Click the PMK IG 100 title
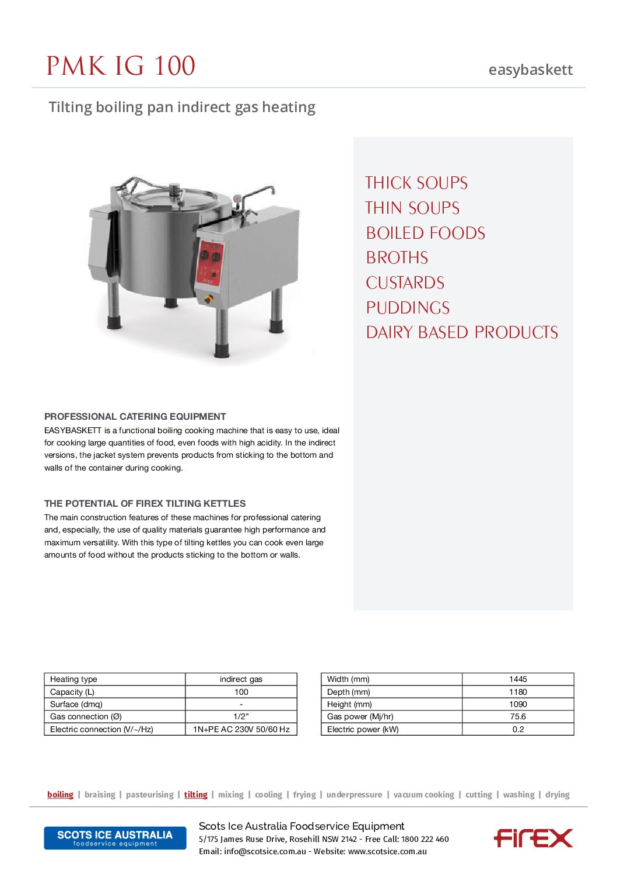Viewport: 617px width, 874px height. [121, 66]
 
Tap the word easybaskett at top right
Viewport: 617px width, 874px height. [530, 70]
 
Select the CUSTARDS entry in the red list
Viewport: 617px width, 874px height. [405, 283]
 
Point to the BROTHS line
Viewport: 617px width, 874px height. [397, 258]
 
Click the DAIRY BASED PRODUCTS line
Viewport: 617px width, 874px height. [461, 333]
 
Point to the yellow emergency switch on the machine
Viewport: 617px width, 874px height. [208, 299]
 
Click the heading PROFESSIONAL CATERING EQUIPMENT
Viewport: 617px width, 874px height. [135, 416]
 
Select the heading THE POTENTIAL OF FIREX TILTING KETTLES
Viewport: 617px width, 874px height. [145, 503]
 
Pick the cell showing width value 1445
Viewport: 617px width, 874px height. [517, 679]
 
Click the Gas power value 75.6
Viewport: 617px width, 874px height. [517, 716]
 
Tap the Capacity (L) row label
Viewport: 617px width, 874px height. [72, 692]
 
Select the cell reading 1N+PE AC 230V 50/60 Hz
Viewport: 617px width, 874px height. [241, 729]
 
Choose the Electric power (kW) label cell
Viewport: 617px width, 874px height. [363, 729]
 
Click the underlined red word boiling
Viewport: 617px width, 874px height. [60, 795]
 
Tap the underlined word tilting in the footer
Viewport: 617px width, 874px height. [195, 795]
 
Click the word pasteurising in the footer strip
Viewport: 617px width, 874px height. [149, 795]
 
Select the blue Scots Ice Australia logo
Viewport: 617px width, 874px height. [115, 838]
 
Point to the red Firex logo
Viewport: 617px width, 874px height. [533, 838]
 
